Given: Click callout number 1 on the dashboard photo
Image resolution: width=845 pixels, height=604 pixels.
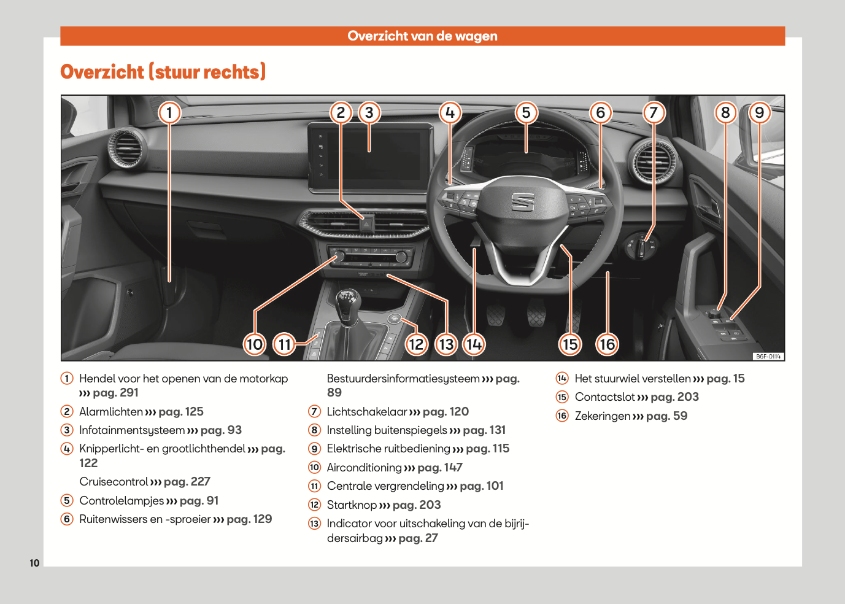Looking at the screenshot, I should click(x=169, y=112).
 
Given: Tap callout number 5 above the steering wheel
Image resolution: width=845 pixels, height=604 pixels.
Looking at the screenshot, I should click(x=526, y=112).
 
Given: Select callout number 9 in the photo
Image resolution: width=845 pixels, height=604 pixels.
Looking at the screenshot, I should click(x=759, y=112).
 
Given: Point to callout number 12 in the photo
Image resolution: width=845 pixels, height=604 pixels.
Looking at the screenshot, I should click(x=415, y=344).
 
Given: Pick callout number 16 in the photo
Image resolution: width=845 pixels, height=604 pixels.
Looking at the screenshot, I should click(x=607, y=344).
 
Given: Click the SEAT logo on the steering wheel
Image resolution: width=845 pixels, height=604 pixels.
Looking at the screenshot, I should click(x=523, y=201).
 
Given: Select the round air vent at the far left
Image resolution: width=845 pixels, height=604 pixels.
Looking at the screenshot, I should click(x=127, y=147).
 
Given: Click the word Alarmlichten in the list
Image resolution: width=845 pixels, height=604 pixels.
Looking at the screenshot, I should click(x=111, y=412).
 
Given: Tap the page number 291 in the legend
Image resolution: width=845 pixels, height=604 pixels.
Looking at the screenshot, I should click(x=129, y=393).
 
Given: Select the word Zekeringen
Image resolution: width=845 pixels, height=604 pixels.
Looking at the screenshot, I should click(x=602, y=416).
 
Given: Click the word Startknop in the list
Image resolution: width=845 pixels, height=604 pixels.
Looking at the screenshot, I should click(x=352, y=505).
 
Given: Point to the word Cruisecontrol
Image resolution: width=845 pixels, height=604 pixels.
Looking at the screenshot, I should click(x=114, y=482).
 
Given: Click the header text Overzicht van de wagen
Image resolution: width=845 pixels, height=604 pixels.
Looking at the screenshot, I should click(x=422, y=36).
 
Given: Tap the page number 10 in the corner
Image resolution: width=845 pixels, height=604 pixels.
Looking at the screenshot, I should click(x=34, y=563).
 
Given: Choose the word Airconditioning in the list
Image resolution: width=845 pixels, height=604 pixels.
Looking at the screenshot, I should click(x=364, y=468).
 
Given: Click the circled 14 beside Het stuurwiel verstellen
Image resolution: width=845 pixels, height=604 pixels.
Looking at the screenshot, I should click(x=562, y=379).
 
